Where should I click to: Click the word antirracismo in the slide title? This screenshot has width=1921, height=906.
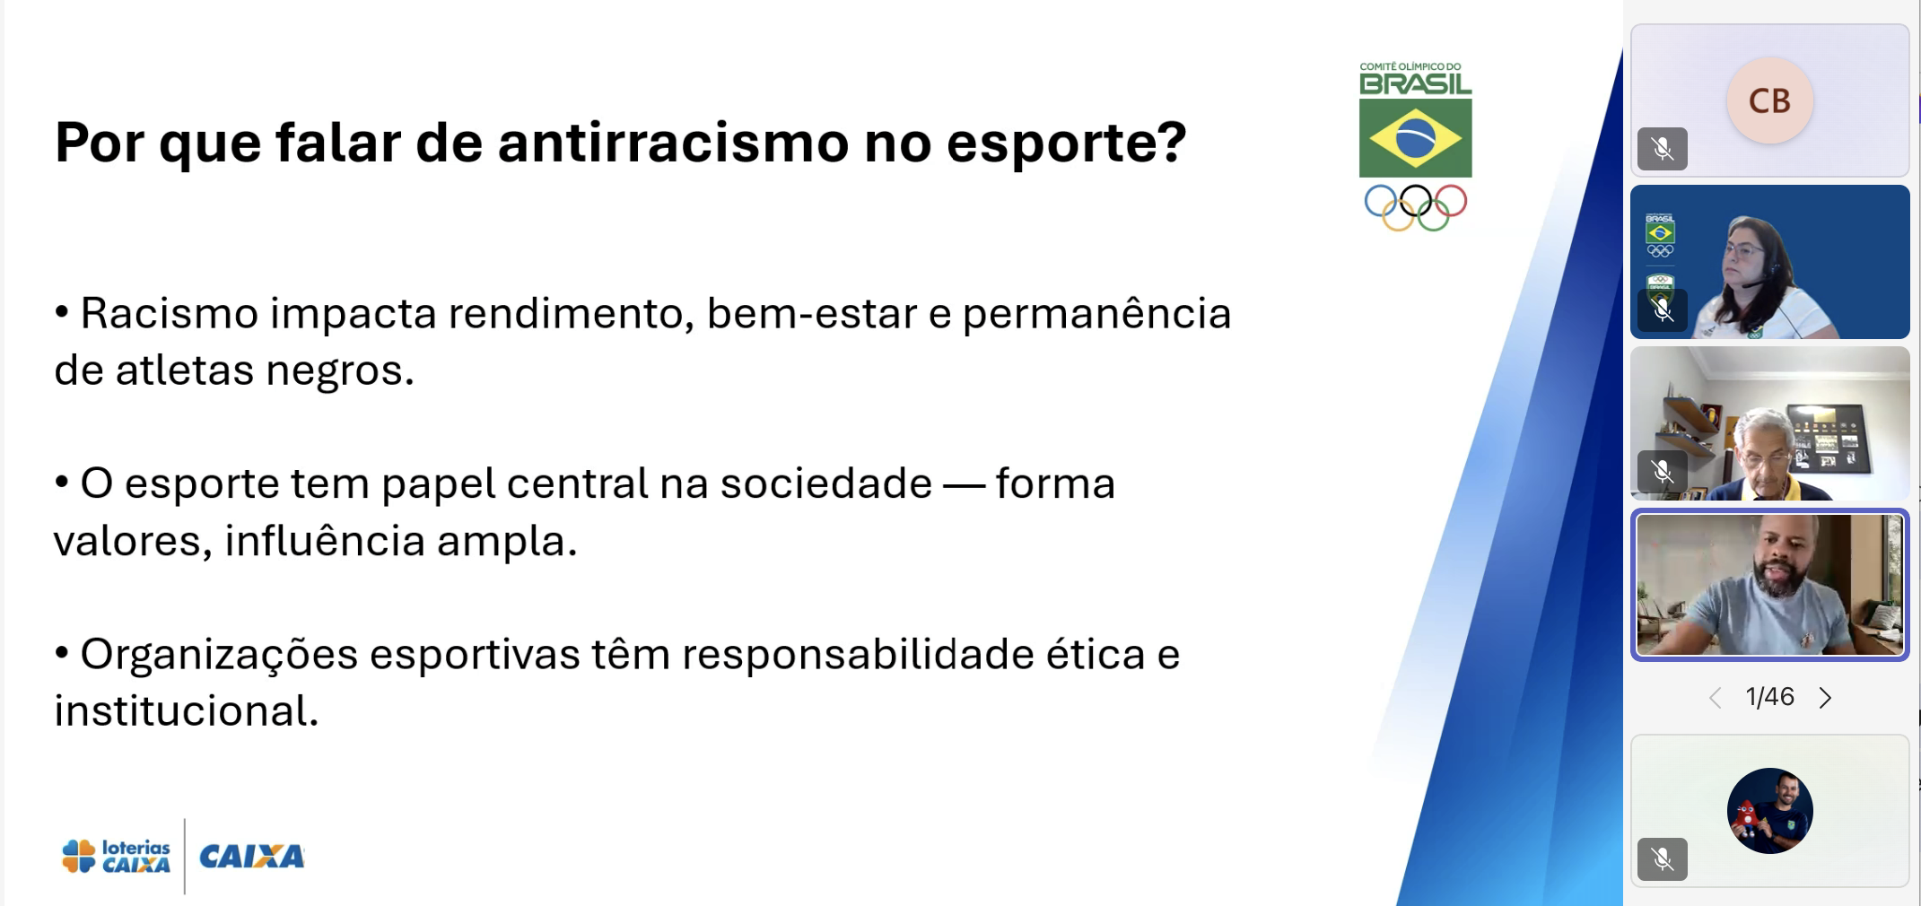673,143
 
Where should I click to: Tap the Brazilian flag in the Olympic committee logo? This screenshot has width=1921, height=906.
1415,138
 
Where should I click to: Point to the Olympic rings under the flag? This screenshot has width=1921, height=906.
1415,206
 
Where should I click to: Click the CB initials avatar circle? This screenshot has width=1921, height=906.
1769,100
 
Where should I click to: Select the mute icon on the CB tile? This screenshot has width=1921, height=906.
1662,149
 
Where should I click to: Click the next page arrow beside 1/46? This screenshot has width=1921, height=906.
1825,698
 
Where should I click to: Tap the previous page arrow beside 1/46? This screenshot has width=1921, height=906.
1715,698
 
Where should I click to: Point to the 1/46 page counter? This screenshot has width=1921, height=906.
1769,697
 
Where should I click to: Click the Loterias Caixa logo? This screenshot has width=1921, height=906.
116,856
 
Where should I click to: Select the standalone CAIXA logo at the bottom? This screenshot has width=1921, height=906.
251,857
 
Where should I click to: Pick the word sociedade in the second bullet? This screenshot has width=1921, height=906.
825,484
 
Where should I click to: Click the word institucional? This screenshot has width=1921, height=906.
186,711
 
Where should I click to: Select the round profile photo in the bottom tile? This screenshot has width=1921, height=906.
1769,810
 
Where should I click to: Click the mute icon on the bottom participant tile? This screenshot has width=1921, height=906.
1662,859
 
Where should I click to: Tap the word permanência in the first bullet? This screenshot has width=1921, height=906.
1096,314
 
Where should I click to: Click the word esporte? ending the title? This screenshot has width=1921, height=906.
1066,143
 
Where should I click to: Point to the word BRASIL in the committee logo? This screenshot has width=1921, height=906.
1415,84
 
